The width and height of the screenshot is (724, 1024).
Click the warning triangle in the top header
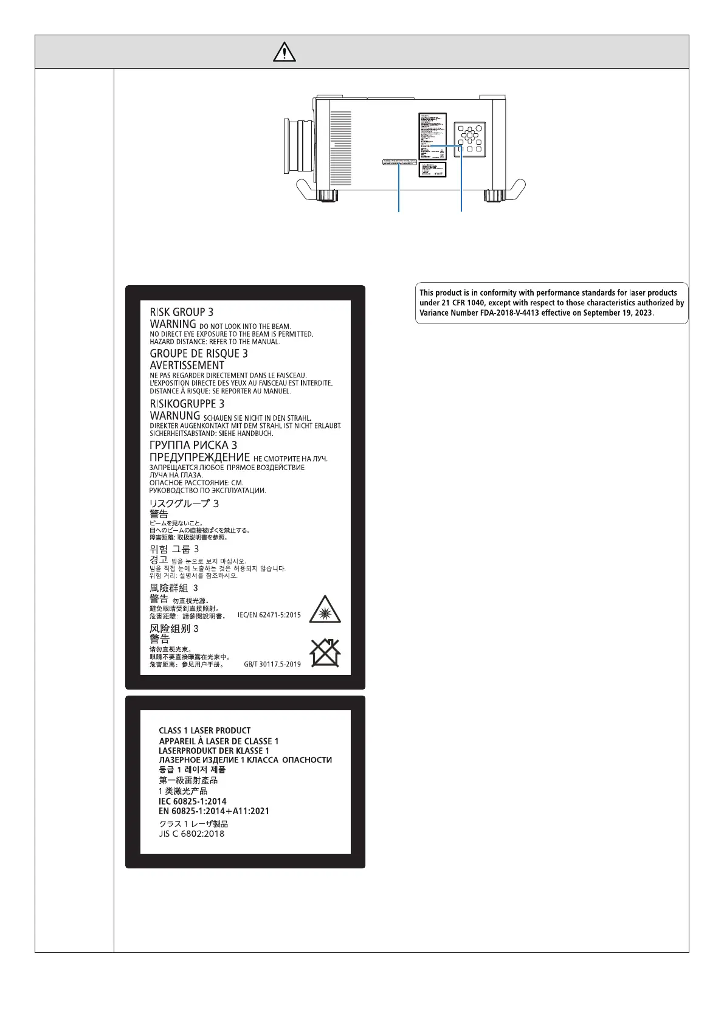(x=284, y=52)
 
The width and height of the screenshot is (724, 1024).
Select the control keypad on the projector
(x=469, y=139)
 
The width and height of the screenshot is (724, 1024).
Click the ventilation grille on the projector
(x=341, y=148)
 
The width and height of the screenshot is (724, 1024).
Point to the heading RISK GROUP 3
(x=181, y=312)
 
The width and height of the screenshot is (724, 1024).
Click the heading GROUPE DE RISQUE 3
(x=199, y=353)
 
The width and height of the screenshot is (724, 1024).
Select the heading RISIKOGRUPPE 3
(x=187, y=404)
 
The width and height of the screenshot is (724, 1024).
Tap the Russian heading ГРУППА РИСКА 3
(x=193, y=445)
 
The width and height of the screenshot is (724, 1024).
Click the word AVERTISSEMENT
(x=187, y=365)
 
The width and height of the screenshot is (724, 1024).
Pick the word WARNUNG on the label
(x=174, y=416)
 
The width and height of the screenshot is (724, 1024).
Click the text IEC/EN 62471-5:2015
(x=269, y=615)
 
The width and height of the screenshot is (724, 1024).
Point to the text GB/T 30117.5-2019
(x=272, y=664)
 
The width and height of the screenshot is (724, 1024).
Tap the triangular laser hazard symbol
(x=325, y=610)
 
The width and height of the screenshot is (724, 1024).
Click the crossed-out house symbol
(x=325, y=653)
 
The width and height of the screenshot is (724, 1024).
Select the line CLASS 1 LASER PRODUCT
(x=204, y=730)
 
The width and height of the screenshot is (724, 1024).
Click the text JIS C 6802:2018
(x=191, y=834)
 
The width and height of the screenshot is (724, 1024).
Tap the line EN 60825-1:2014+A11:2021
(x=213, y=811)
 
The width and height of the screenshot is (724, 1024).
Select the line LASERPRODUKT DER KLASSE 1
(x=213, y=751)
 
